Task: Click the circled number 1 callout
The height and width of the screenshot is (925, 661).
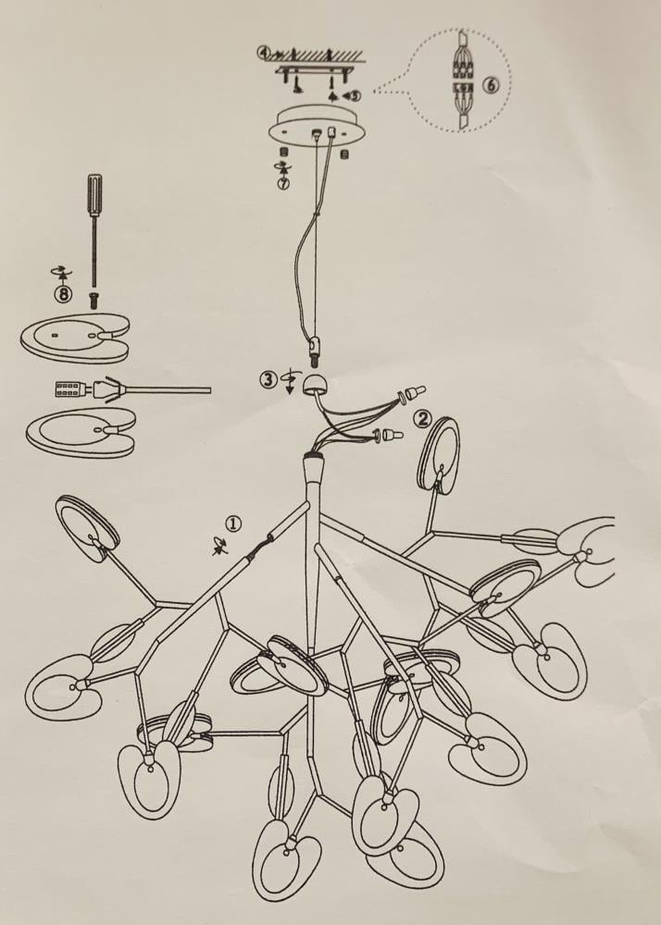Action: point(234,524)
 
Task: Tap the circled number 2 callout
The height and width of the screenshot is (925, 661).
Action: point(421,419)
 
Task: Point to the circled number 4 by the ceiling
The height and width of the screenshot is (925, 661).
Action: point(263,53)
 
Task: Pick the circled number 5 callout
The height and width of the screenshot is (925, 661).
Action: point(354,94)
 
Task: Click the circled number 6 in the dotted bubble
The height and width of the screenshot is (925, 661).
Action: point(491,85)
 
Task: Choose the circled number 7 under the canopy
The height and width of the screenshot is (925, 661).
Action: point(283,182)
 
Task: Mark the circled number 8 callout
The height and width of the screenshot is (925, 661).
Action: point(63,293)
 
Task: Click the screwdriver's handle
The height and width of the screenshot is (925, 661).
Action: point(94,194)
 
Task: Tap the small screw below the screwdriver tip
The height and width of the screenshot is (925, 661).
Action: point(94,299)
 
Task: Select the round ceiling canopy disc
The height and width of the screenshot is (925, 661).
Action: point(317,126)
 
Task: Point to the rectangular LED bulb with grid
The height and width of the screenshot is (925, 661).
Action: point(69,389)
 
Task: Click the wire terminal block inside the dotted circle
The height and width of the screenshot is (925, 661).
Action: point(463,80)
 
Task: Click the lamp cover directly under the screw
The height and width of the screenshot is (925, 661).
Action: point(76,339)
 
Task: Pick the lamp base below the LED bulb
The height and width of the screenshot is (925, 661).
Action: point(81,433)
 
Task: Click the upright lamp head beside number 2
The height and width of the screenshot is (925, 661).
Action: point(439,454)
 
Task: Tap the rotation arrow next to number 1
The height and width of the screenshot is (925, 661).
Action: point(219,549)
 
